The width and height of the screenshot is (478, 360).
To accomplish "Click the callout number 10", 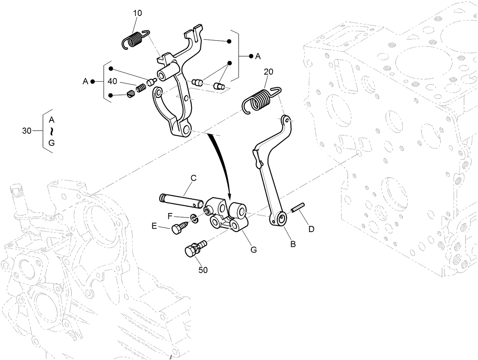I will point(138,13).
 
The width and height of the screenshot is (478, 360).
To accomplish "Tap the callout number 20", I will point(269,72).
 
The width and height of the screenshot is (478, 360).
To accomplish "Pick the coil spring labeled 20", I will point(260,99).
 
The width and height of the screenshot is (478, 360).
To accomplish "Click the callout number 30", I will point(27,131).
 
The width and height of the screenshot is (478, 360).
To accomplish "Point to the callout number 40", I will point(112,81).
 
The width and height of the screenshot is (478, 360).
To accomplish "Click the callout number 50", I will point(203,270).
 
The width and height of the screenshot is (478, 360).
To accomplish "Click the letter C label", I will point(193,178).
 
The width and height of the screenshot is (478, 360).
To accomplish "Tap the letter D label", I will point(311,229).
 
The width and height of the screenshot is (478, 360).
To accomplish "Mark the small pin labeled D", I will point(298,210).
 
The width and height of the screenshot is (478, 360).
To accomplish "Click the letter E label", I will point(154,226).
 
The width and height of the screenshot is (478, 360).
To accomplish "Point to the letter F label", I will point(171,216).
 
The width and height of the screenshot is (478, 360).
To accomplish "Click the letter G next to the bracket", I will point(253,249).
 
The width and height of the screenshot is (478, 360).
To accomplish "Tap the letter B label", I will point(293,244).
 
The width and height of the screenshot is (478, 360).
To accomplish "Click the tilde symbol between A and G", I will point(52,131).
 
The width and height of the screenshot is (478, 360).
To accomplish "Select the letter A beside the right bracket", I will point(258,56).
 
